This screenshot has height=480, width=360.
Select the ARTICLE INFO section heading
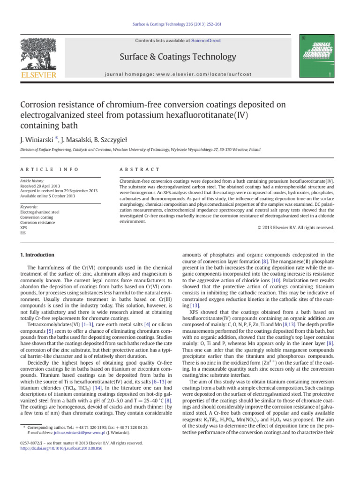[x=45, y=169]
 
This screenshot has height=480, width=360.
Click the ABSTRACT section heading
[x=140, y=169]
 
